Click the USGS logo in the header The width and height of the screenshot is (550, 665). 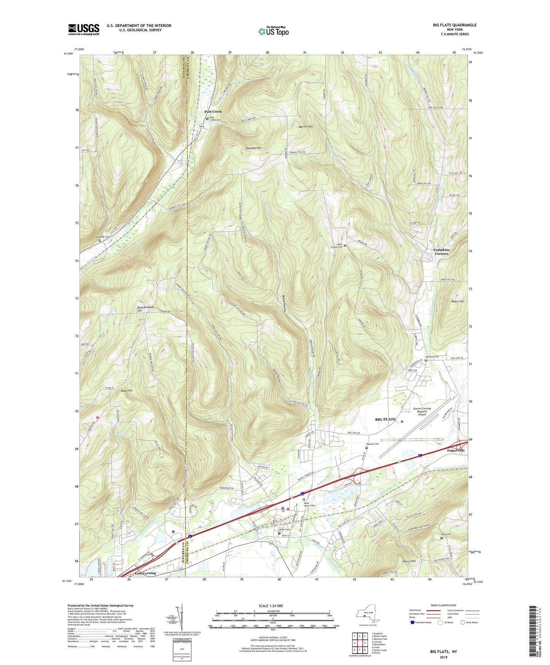pyautogui.click(x=84, y=29)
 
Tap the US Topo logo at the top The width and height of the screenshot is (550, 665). pyautogui.click(x=273, y=31)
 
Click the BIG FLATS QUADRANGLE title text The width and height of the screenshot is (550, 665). pyautogui.click(x=454, y=25)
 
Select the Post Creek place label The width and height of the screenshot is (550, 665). pyautogui.click(x=213, y=112)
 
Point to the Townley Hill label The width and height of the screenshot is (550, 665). pyautogui.click(x=253, y=148)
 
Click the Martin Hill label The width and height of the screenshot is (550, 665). pyautogui.click(x=306, y=126)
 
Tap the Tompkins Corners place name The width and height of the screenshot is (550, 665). pyautogui.click(x=441, y=252)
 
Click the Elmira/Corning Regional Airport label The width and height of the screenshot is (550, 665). pyautogui.click(x=422, y=411)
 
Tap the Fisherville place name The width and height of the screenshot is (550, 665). pyautogui.click(x=456, y=451)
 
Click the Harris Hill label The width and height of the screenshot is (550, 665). pyautogui.click(x=409, y=561)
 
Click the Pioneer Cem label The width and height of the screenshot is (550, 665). pyautogui.click(x=372, y=444)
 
